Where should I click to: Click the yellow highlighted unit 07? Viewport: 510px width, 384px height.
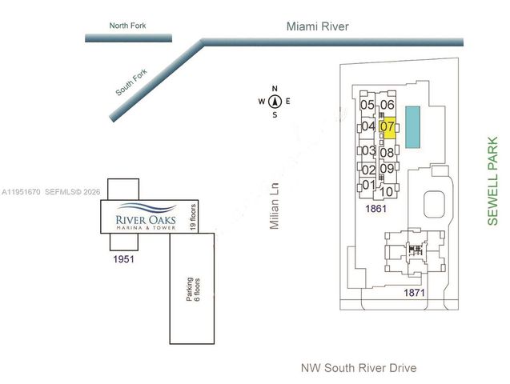pos(388,126)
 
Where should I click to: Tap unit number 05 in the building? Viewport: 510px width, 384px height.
pos(368,105)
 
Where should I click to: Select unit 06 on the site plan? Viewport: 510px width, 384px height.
pos(388,105)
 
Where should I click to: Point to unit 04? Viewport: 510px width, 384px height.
pos(368,126)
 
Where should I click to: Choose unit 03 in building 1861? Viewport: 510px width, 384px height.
pos(368,150)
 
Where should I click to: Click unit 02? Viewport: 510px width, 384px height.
pos(368,169)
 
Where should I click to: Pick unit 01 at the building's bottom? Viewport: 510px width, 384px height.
pos(368,185)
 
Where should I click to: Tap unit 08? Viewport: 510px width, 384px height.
pos(387,152)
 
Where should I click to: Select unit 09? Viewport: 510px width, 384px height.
pos(387,169)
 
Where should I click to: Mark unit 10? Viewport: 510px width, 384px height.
pos(386,191)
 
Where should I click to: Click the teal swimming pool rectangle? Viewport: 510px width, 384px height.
pos(412,126)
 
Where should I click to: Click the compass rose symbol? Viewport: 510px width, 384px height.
pos(274,102)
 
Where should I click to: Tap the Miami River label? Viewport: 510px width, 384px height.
pos(318,26)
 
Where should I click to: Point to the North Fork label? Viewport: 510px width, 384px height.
pos(127,26)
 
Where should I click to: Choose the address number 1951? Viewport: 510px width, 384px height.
pos(123,260)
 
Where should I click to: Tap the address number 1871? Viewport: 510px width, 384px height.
pos(414,294)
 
